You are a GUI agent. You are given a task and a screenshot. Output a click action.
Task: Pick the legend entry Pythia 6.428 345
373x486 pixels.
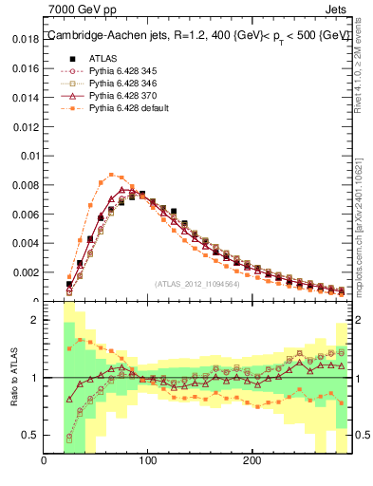121,71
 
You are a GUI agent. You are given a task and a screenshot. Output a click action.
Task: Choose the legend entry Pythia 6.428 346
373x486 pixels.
121,84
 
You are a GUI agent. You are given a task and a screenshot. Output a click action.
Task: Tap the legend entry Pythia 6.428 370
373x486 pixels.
121,96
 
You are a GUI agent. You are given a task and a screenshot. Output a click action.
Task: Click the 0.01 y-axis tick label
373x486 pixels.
29,156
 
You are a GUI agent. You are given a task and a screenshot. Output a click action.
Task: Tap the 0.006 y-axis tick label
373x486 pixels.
26,215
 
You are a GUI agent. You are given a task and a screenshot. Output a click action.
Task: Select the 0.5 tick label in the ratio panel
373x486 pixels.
30,435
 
